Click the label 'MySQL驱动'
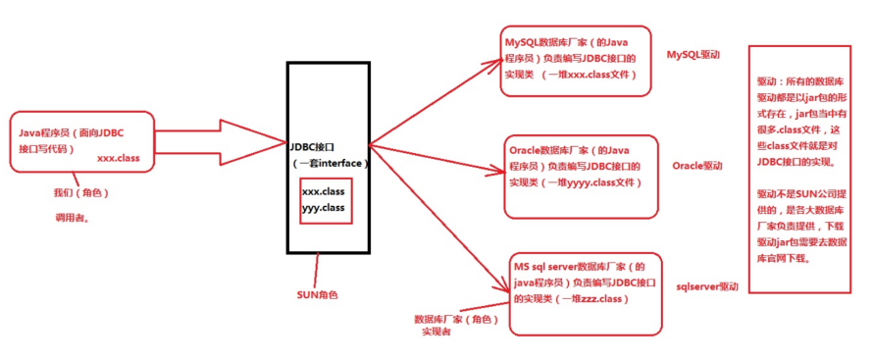(693, 55)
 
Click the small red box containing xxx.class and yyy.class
(325, 200)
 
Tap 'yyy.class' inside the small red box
(323, 209)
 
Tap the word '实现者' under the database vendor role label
(436, 333)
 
